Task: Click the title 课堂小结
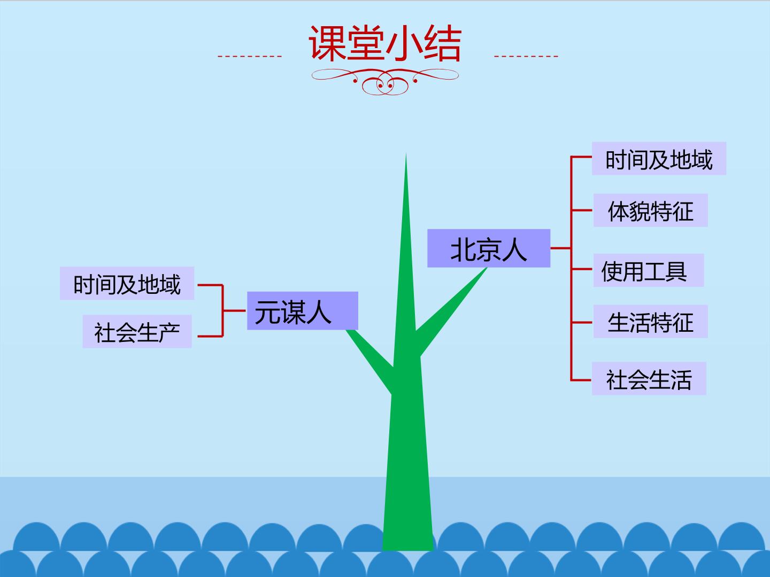coord(385,43)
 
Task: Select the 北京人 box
coord(489,248)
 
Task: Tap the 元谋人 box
coord(303,311)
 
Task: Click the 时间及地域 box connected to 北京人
coord(659,158)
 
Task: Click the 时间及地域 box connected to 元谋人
coord(127,283)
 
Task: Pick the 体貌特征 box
coord(650,210)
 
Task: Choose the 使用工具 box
coord(649,270)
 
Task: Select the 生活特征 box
coord(650,322)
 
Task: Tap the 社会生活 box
coord(649,379)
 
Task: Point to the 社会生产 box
coord(137,331)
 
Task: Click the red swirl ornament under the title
coord(385,81)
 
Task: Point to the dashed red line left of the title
coord(249,56)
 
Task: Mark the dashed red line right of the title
coord(526,56)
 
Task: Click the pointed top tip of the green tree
coord(406,153)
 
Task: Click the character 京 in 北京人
coord(489,250)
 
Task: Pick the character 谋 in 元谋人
coord(294,312)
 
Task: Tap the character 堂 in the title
coord(366,43)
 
